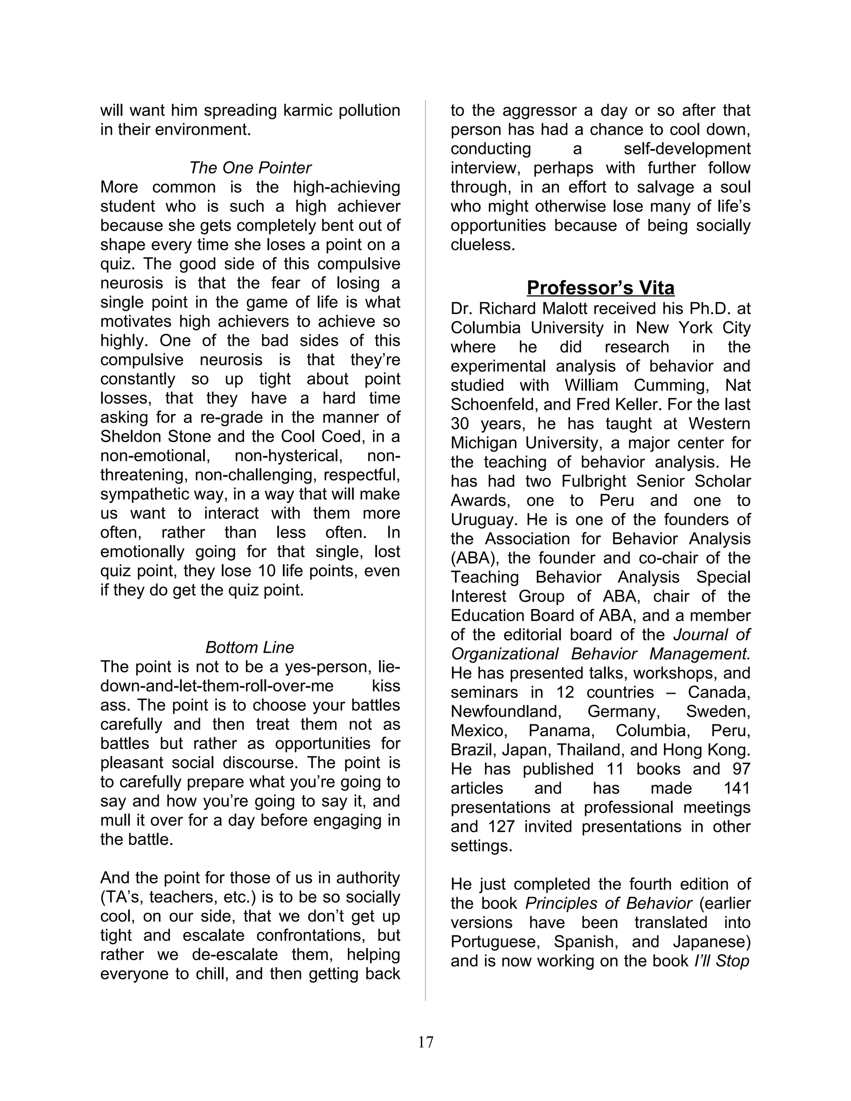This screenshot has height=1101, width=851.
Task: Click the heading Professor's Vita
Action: click(600, 288)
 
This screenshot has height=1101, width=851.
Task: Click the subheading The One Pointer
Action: click(250, 167)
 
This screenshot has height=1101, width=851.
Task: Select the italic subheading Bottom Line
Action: click(250, 647)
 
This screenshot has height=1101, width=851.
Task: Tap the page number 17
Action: click(425, 1042)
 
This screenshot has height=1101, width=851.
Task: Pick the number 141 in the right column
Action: click(735, 788)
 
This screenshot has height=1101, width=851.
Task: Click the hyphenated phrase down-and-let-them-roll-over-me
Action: click(217, 686)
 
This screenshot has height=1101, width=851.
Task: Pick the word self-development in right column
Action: click(686, 148)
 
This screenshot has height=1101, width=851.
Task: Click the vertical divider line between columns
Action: click(425, 555)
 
